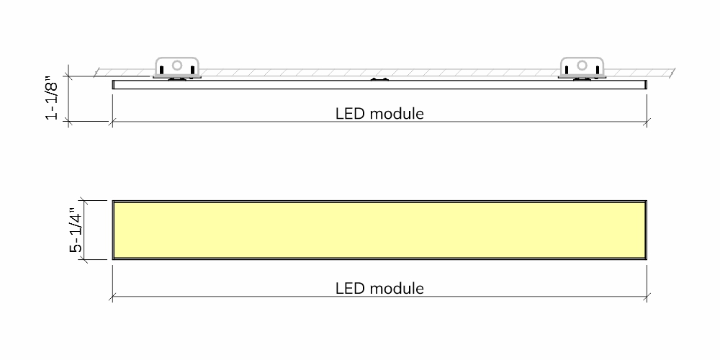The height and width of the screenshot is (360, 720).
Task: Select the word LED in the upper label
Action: point(351,114)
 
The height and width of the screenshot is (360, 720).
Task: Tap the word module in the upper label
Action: point(397,114)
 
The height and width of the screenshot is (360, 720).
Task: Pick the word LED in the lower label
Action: point(351,289)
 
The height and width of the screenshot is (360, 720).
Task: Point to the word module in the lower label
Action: point(397,289)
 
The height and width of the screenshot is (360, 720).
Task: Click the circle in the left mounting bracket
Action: point(177,66)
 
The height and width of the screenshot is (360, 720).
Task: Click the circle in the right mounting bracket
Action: point(582,66)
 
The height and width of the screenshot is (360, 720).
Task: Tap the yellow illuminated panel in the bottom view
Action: point(379,230)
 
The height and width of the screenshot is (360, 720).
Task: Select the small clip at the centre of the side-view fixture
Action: point(379,79)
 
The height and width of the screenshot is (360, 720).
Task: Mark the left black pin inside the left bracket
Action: point(161,70)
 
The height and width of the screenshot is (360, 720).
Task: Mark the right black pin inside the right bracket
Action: point(598,70)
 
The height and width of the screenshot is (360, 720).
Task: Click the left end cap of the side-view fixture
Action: point(114,84)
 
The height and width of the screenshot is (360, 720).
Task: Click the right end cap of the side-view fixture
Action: point(646,84)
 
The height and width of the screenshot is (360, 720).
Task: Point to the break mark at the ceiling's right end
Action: point(672,73)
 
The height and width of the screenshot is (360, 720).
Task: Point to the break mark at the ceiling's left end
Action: point(96,73)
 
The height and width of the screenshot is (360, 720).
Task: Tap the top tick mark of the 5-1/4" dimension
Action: point(83,200)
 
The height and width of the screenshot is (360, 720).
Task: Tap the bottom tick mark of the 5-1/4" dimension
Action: point(83,259)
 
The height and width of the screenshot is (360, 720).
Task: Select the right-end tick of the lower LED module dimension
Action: point(647,297)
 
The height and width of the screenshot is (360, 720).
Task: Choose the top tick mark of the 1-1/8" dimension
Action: point(68,76)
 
